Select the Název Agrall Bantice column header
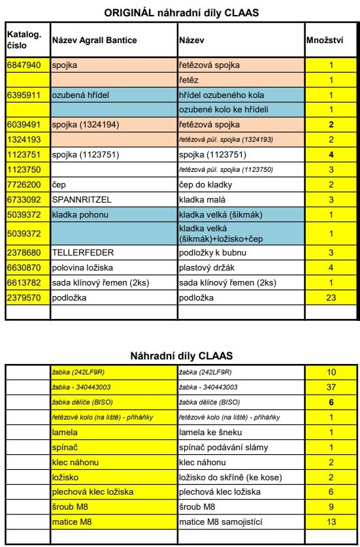94,41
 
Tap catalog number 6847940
25,65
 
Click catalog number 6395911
25,95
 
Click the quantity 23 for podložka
331,297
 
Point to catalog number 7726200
25,184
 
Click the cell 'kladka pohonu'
79,214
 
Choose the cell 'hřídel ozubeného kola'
221,95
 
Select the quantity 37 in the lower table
331,387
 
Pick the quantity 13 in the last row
331,522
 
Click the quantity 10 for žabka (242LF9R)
331,372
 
